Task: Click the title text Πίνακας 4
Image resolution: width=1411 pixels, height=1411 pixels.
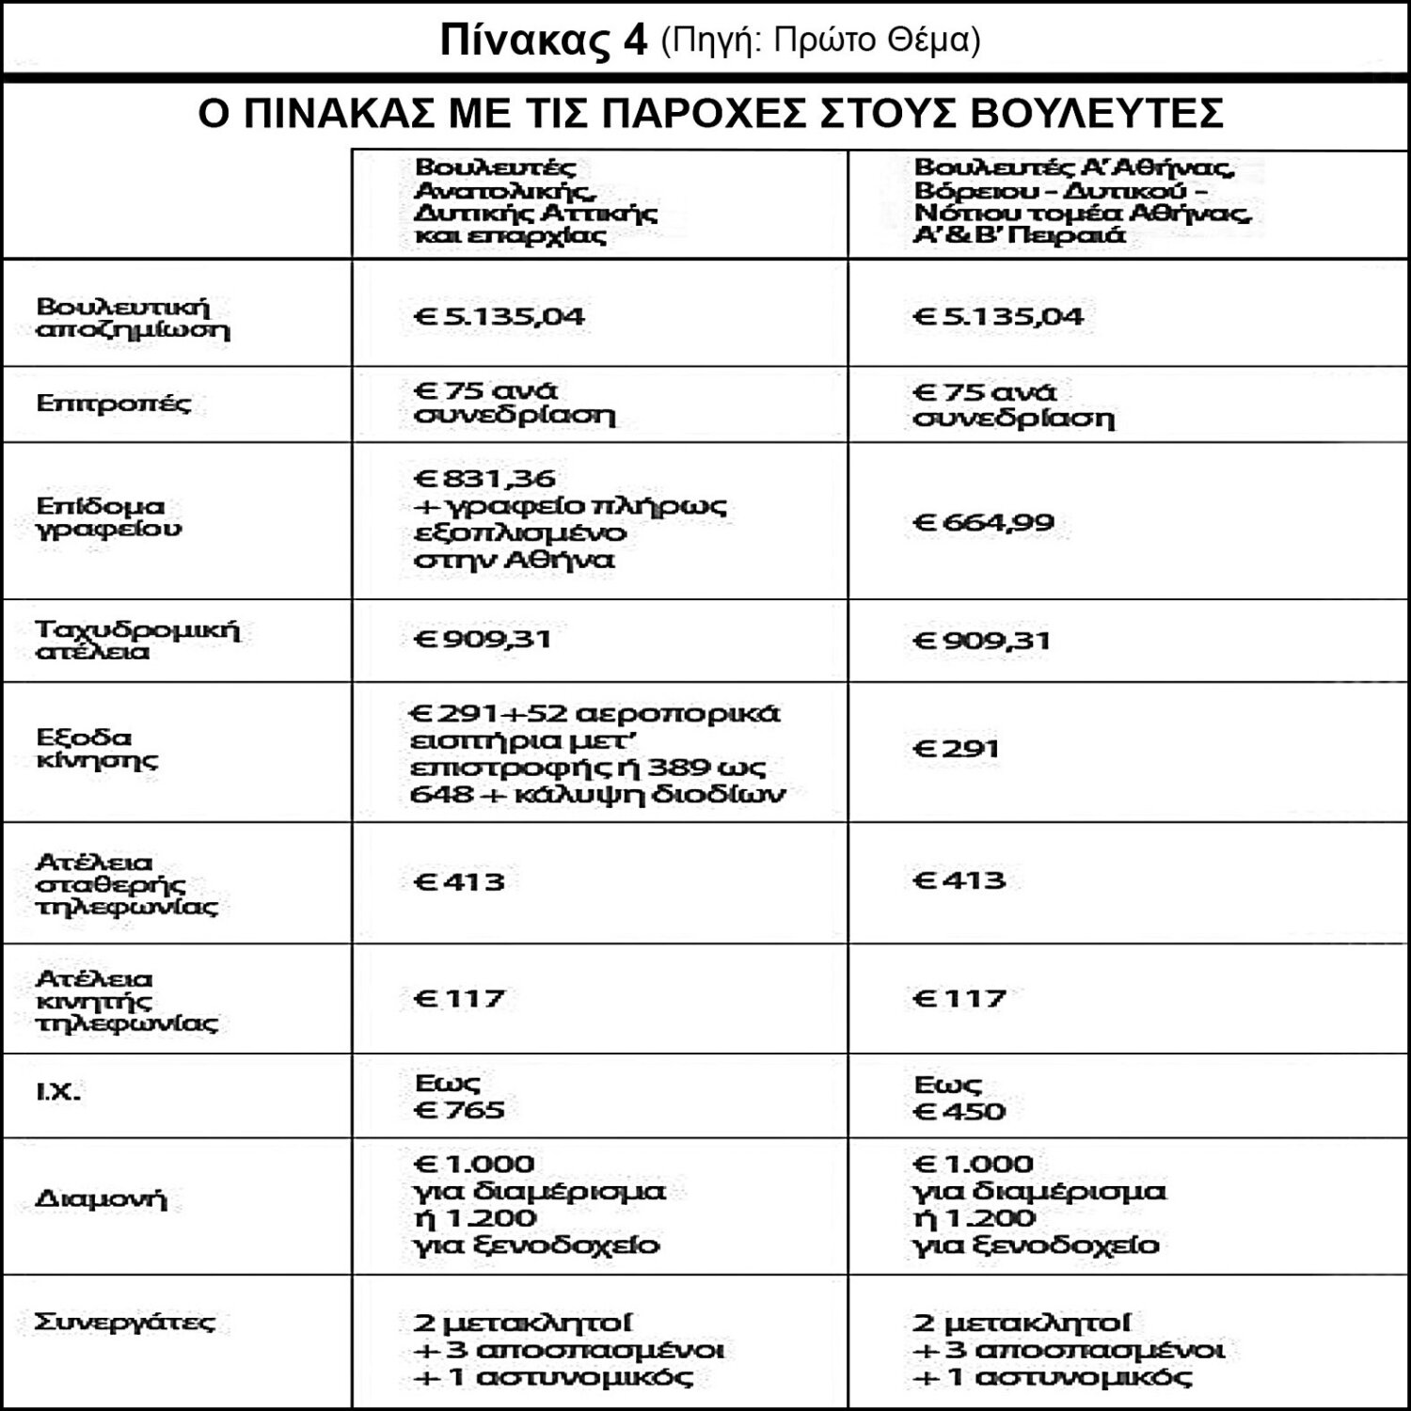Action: [x=544, y=41]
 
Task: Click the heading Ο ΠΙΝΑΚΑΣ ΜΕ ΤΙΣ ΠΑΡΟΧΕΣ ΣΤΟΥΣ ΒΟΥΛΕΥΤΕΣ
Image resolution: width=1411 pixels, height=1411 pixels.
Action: [x=710, y=114]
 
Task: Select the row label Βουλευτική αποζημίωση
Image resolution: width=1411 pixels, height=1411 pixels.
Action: [x=132, y=318]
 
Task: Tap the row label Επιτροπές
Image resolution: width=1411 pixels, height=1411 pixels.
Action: [x=113, y=404]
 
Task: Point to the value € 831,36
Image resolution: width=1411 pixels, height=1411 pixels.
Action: [x=485, y=479]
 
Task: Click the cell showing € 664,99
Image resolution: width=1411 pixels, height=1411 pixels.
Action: [x=983, y=522]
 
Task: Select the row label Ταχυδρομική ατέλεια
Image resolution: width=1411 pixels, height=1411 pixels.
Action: [x=137, y=640]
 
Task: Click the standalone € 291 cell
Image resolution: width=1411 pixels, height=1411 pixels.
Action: [x=956, y=750]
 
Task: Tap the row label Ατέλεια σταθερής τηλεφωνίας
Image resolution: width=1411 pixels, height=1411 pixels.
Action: [x=125, y=884]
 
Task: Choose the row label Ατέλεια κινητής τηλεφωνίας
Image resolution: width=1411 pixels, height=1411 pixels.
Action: [x=125, y=1001]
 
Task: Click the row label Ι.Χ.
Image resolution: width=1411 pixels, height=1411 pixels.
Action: [x=58, y=1093]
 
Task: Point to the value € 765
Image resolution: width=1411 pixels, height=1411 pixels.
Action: [x=460, y=1110]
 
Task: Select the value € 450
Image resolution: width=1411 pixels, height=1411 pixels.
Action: [x=959, y=1111]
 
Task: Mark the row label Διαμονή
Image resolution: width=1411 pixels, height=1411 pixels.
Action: [x=100, y=1200]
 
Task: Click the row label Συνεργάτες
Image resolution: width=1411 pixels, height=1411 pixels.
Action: [x=124, y=1322]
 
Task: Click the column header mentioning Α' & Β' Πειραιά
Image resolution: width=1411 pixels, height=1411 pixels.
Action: [x=1082, y=201]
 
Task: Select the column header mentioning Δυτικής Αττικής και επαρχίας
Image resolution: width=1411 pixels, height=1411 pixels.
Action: [x=536, y=201]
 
